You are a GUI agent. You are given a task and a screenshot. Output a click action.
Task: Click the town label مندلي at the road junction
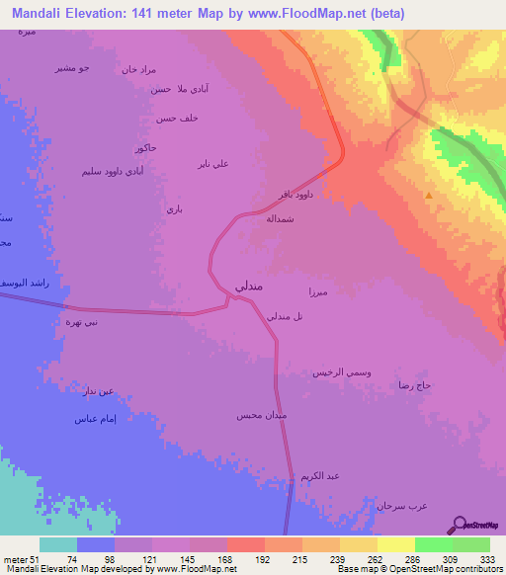(248, 285)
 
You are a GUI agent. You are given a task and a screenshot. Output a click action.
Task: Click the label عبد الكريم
(320, 476)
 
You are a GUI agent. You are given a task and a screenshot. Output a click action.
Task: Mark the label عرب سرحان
(400, 505)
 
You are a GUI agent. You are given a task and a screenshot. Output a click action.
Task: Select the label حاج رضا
(411, 383)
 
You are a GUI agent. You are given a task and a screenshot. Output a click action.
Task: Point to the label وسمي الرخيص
(342, 371)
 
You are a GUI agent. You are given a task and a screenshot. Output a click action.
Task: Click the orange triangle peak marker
(428, 196)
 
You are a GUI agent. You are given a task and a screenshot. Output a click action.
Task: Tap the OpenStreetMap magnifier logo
(459, 526)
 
